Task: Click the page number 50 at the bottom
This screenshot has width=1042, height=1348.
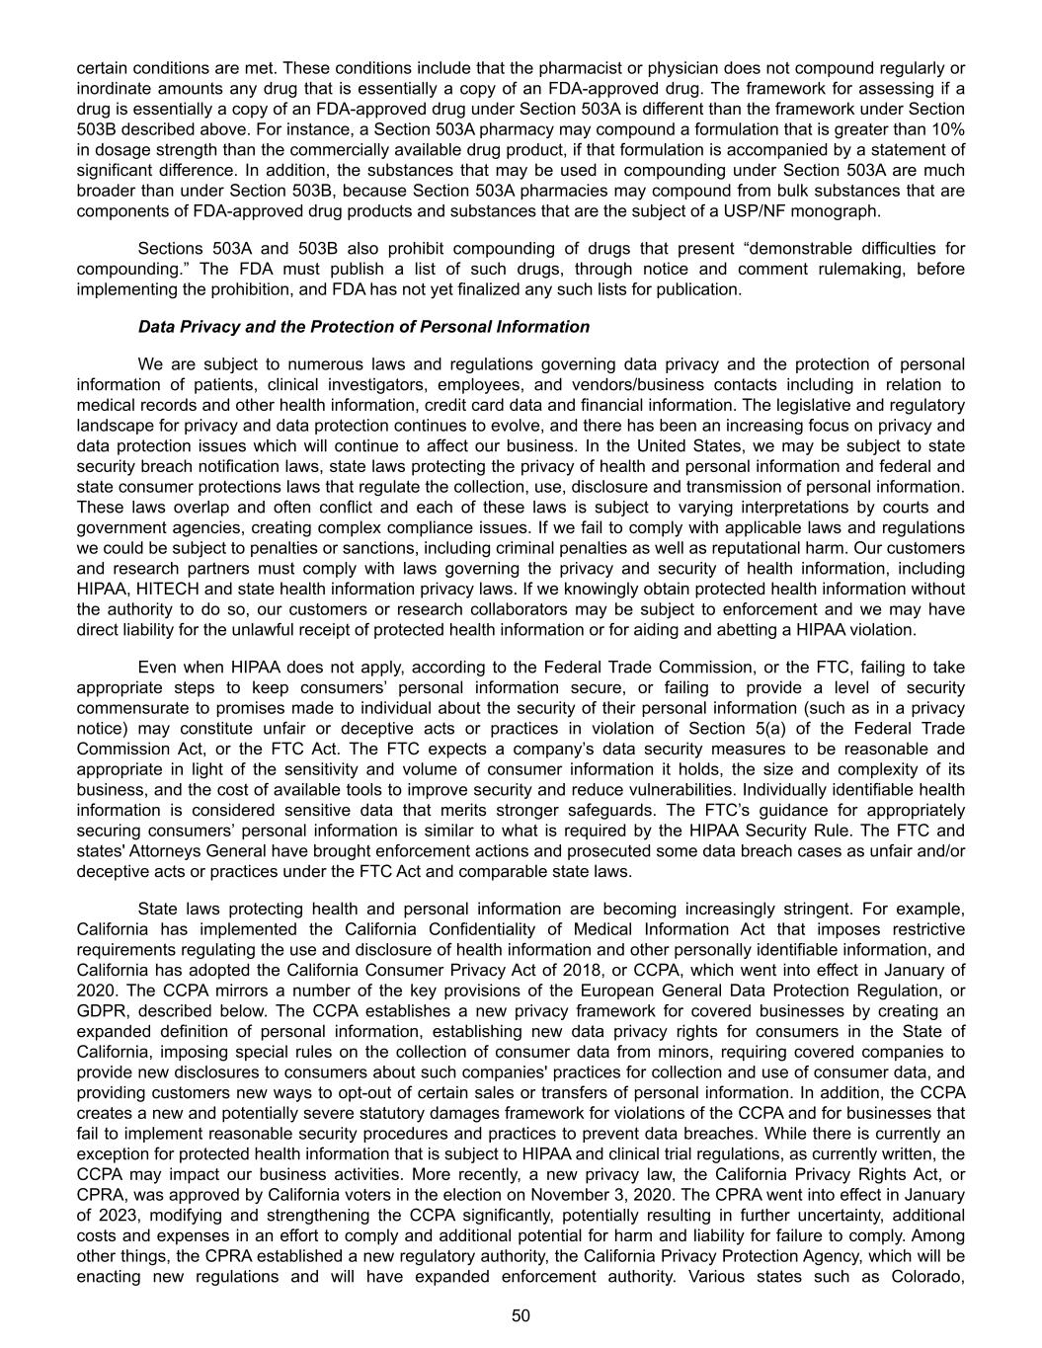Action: click(521, 1315)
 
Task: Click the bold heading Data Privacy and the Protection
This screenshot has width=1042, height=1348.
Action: click(363, 327)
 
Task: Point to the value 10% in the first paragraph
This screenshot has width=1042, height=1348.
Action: click(948, 129)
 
